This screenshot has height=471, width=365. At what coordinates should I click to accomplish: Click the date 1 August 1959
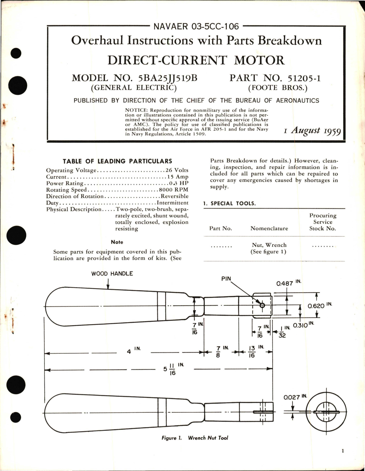coord(312,131)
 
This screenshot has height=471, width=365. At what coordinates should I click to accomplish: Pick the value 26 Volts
coord(177,170)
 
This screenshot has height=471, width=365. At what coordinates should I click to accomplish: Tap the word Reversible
coord(174,196)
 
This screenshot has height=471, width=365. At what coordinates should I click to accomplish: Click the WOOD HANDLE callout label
coord(112,273)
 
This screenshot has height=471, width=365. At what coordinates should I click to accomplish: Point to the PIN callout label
coord(226,279)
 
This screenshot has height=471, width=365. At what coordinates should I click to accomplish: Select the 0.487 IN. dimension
coord(288,283)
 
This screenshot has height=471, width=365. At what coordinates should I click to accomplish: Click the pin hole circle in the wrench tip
coord(262,305)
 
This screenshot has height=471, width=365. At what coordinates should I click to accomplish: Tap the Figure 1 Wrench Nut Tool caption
coord(195,438)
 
